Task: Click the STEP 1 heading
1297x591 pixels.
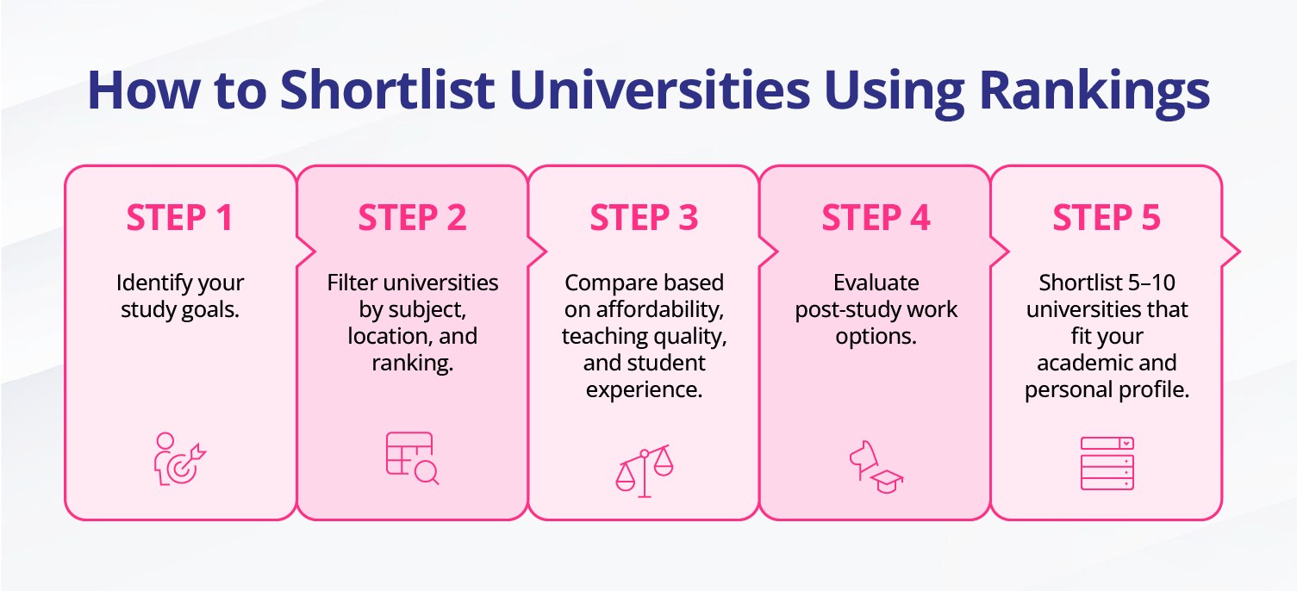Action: click(x=179, y=218)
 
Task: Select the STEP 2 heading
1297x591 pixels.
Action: click(x=412, y=218)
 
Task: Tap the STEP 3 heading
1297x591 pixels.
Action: click(x=644, y=218)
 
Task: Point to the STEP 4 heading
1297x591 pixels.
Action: click(x=876, y=218)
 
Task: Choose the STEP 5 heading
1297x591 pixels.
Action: click(x=1107, y=218)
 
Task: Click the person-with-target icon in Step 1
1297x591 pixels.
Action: click(x=180, y=459)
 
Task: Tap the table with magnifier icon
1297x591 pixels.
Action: click(x=412, y=458)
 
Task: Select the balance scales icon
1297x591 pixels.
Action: click(x=644, y=471)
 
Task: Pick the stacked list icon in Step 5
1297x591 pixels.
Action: click(x=1107, y=463)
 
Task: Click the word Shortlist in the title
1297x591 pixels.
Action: click(x=387, y=90)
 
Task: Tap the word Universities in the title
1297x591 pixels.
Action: click(x=659, y=90)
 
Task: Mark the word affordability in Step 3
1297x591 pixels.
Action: click(x=659, y=310)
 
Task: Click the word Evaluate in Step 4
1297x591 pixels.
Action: click(x=876, y=283)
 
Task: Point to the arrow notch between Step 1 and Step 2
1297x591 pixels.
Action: click(x=306, y=252)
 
